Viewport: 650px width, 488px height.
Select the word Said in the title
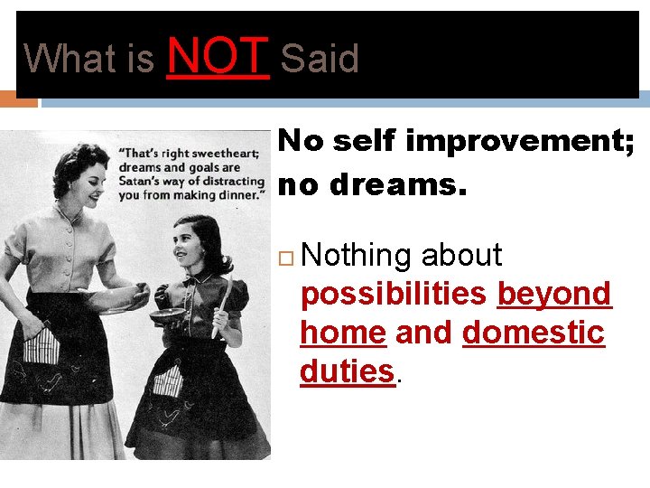pos(320,60)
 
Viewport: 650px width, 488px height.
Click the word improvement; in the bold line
pos(519,141)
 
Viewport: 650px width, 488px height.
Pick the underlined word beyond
pos(554,295)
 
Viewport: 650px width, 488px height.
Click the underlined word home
pos(343,333)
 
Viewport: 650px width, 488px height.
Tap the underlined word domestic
pos(533,333)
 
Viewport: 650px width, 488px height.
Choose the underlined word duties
pos(348,371)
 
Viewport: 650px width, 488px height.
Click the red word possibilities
pos(394,295)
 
